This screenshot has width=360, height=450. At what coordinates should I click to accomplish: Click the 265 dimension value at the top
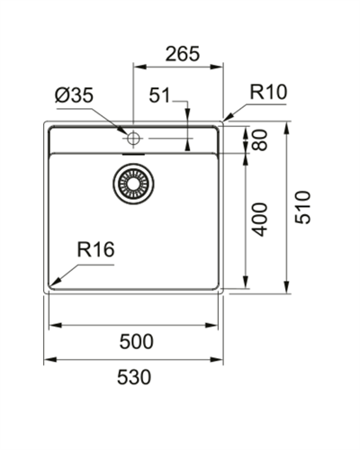click(x=183, y=54)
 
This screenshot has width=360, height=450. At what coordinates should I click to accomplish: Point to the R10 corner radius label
click(x=269, y=91)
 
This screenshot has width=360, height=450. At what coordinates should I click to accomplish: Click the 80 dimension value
click(x=261, y=139)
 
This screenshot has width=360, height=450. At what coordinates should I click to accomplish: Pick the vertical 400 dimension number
click(x=261, y=219)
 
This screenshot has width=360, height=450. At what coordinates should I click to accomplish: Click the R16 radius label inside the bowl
click(x=95, y=250)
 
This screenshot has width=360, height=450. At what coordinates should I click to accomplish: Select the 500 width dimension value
click(x=136, y=341)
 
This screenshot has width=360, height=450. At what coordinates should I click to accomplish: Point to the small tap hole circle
click(x=133, y=138)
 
